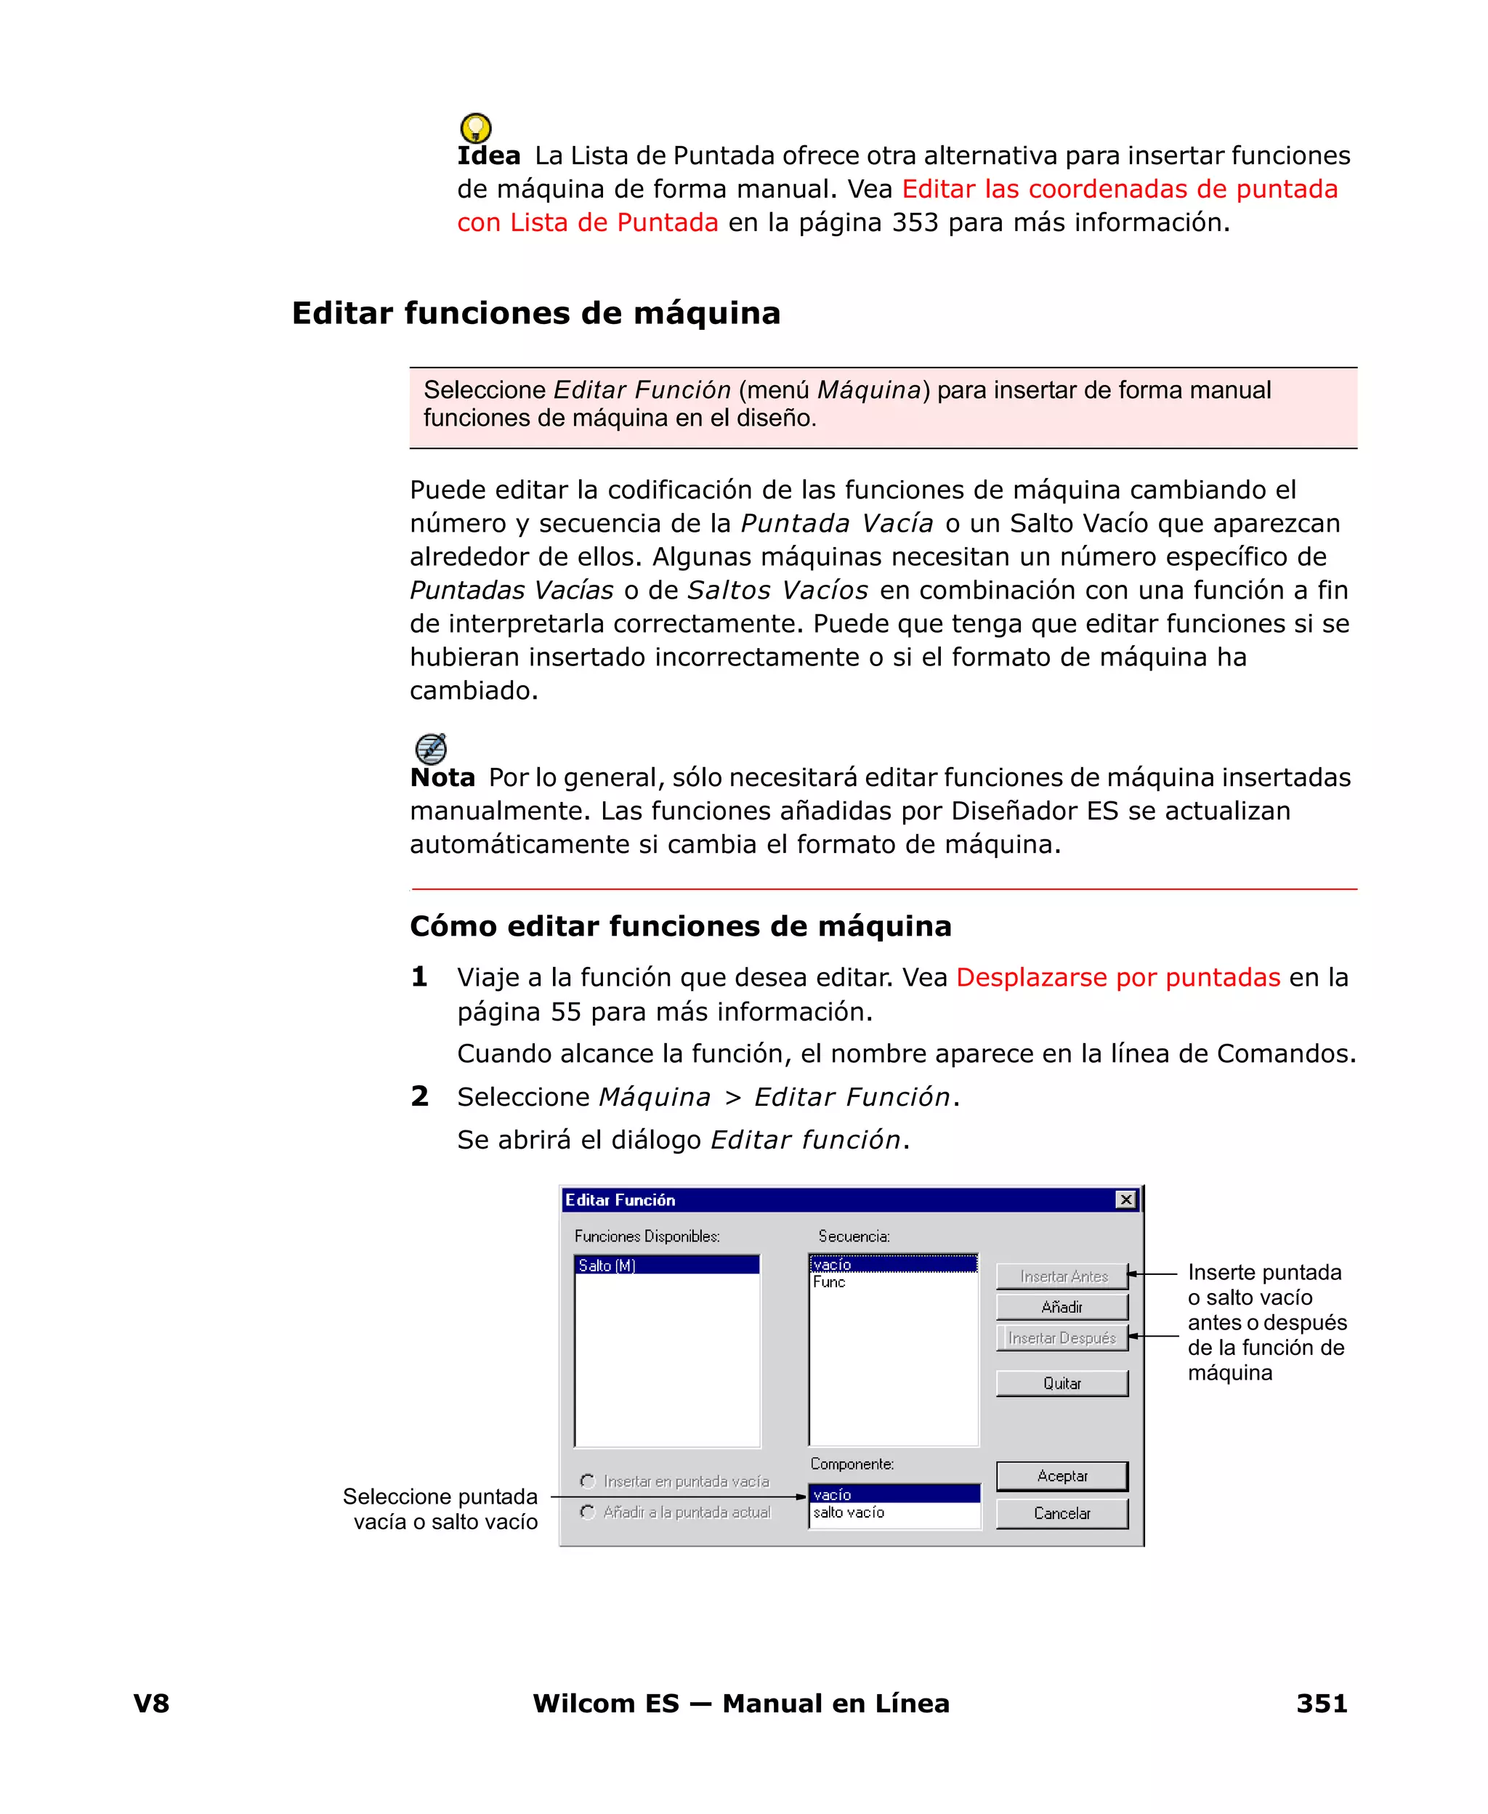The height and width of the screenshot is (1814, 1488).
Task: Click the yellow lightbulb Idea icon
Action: coord(476,128)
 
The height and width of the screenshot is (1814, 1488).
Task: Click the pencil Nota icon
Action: coord(430,748)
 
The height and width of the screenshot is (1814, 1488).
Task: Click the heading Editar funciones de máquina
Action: coord(535,313)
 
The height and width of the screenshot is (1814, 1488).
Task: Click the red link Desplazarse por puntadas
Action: coord(1117,977)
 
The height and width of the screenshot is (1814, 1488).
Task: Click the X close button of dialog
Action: coord(1125,1199)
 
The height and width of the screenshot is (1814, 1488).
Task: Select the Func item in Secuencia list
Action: coord(829,1282)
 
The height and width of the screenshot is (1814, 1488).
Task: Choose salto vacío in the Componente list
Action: coord(849,1513)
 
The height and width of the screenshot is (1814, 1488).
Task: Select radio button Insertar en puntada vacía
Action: coord(588,1481)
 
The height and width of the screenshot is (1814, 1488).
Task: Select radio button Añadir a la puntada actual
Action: coord(588,1512)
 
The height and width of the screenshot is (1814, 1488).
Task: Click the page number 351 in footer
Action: coord(1321,1703)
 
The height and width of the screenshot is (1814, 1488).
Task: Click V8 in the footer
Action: coord(152,1703)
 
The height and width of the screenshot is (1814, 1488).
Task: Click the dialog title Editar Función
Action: coord(620,1199)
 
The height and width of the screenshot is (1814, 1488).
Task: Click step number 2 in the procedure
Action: coord(419,1096)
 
